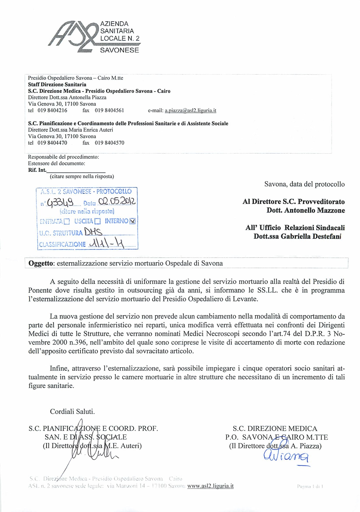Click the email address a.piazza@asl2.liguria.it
coord(190,111)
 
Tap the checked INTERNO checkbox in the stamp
coord(133,221)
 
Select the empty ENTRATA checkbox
coord(67,222)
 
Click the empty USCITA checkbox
coord(98,222)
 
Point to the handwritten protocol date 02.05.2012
coord(117,202)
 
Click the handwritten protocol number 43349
coord(60,202)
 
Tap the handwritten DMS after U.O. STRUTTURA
coord(93,232)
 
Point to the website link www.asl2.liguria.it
coord(210,486)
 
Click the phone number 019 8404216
coord(52,111)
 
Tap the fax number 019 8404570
coord(110,143)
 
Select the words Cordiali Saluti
coord(72,412)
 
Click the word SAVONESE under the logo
coord(119,50)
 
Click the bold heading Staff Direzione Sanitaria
coord(57,85)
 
